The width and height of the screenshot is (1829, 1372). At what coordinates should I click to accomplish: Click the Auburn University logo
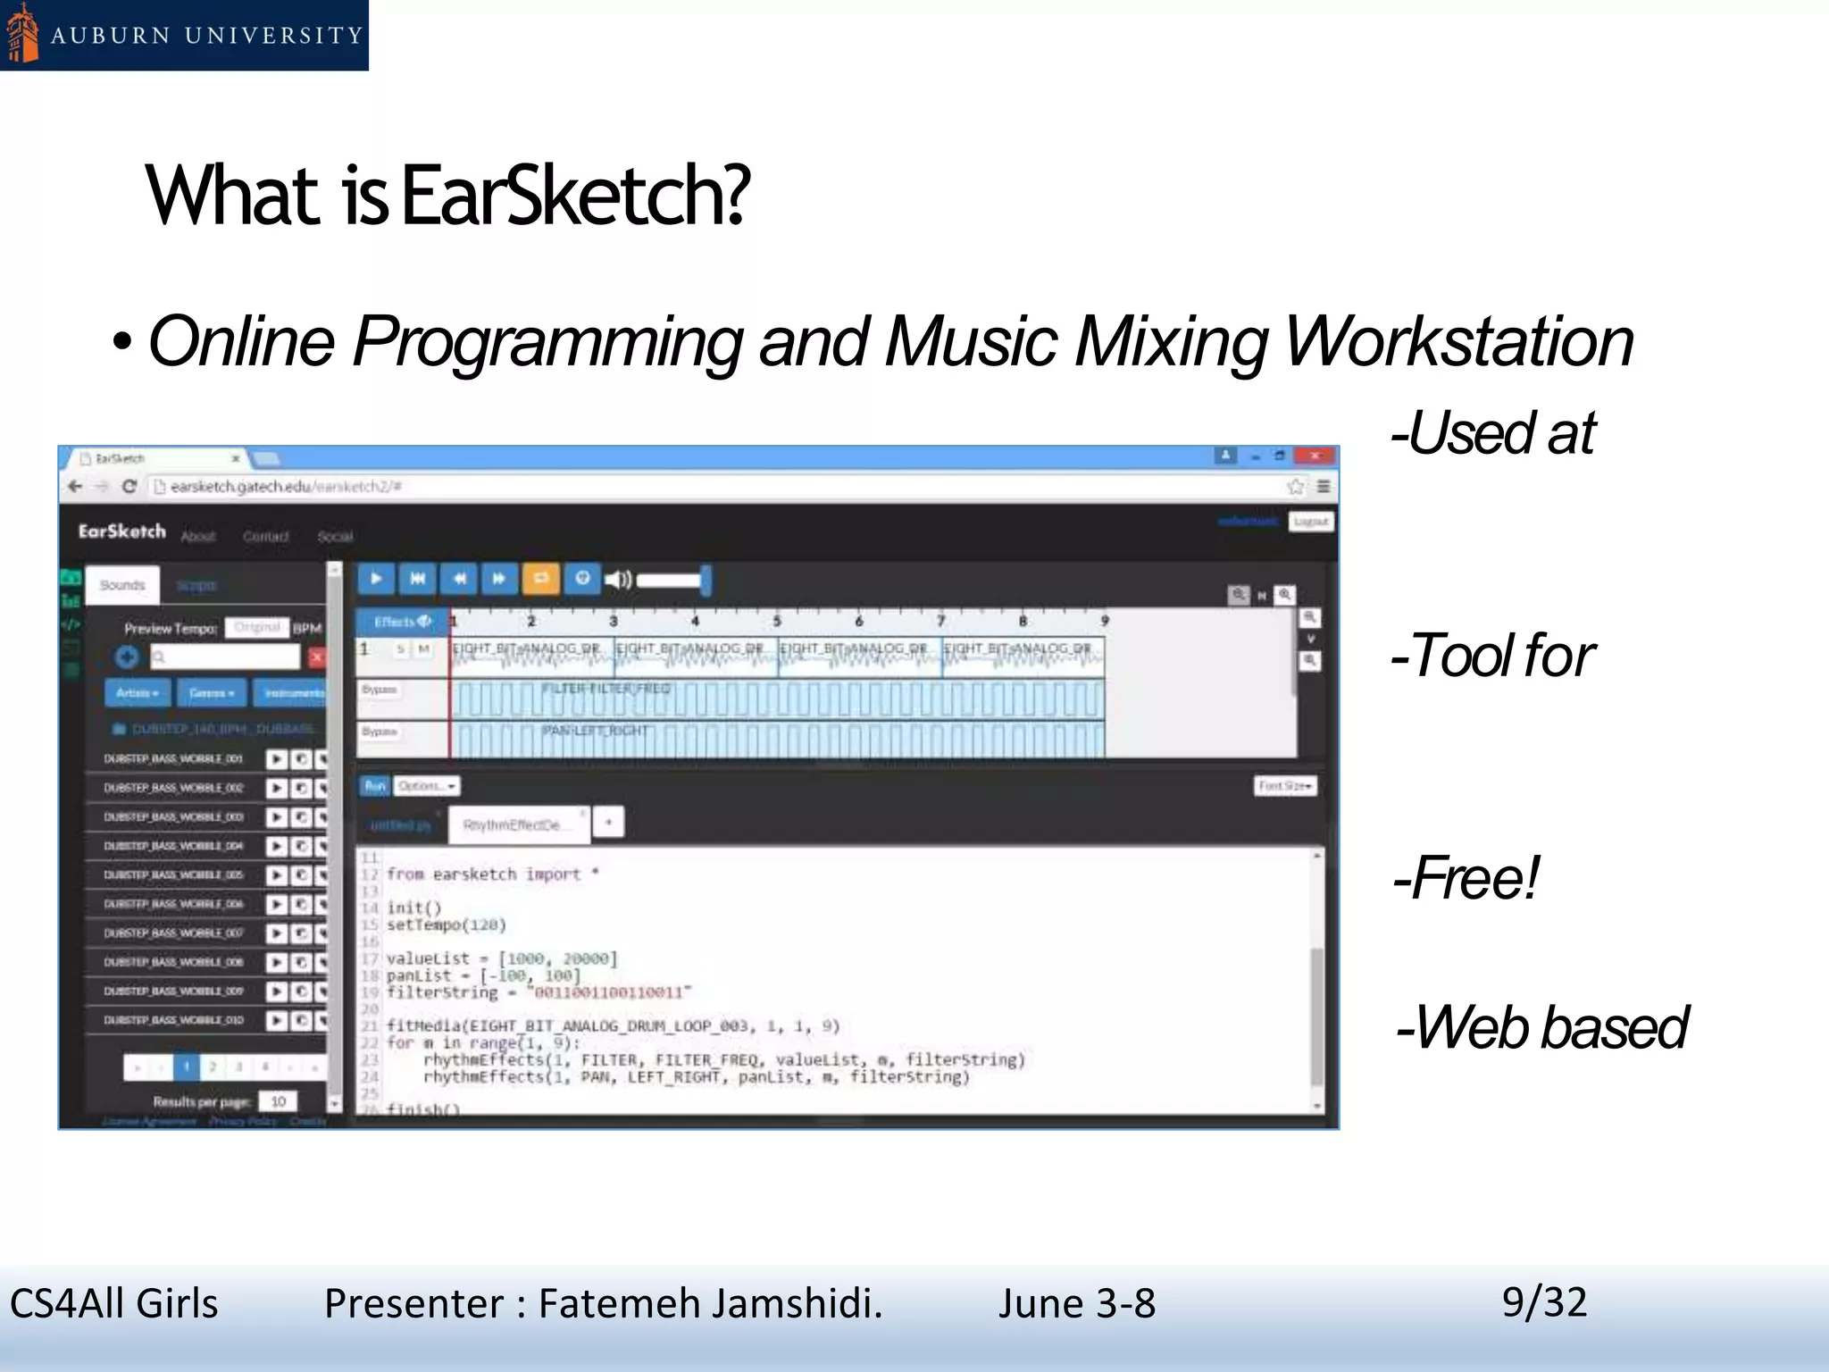(x=183, y=35)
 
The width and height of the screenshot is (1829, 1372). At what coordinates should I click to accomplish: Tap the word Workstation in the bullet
(x=1458, y=341)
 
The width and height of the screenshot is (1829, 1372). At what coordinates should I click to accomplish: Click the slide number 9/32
(x=1544, y=1301)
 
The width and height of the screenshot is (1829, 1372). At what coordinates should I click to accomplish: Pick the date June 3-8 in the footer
(x=1076, y=1303)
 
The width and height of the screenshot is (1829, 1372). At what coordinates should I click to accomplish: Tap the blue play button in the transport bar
(x=376, y=579)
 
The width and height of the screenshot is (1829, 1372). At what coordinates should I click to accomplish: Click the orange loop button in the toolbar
(x=540, y=579)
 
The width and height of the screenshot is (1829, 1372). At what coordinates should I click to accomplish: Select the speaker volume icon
(x=618, y=580)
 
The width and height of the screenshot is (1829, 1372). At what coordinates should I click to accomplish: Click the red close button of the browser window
(x=1315, y=456)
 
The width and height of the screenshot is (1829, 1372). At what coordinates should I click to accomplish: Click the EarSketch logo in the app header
(x=122, y=531)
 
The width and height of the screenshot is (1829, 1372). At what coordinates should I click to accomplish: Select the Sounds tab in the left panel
(x=122, y=585)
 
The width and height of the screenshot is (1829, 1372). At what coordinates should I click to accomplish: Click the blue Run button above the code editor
(x=374, y=786)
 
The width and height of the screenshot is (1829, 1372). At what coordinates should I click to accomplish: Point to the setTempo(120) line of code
(x=446, y=924)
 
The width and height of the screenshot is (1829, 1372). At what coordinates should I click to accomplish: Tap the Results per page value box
(x=279, y=1101)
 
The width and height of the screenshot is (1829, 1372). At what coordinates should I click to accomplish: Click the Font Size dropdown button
(x=1285, y=786)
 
